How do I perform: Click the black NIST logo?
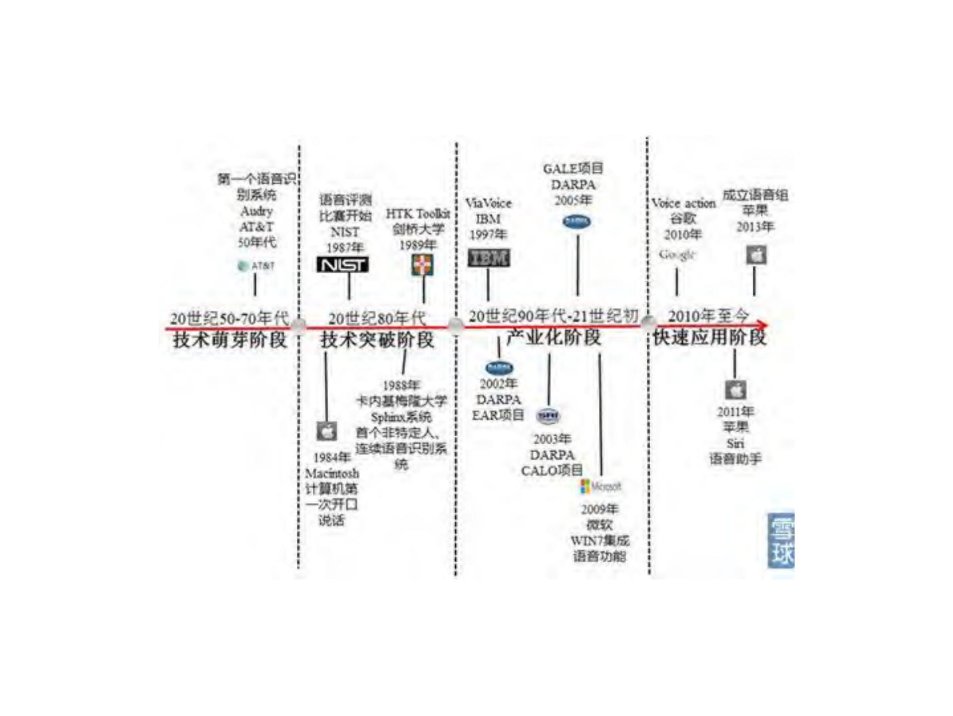[x=342, y=264]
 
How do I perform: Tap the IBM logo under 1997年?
[x=488, y=258]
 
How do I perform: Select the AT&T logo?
[x=256, y=266]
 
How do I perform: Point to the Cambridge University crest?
[x=423, y=266]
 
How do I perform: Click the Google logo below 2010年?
[x=677, y=254]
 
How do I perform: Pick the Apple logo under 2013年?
[x=755, y=254]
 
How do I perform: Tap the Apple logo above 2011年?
[x=735, y=390]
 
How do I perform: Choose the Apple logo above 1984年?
[x=326, y=431]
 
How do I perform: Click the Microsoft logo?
[x=600, y=486]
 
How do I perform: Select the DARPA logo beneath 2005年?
[x=576, y=221]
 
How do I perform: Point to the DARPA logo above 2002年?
[x=498, y=367]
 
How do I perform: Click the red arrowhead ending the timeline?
[x=762, y=325]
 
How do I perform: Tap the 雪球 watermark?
[x=780, y=540]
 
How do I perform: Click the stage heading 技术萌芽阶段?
[x=230, y=340]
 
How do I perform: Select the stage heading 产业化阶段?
[x=553, y=338]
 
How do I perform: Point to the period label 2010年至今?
[x=708, y=315]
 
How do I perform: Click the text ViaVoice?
[x=488, y=203]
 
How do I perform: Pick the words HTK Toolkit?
[x=417, y=214]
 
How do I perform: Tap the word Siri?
[x=735, y=443]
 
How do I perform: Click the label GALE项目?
[x=572, y=169]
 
